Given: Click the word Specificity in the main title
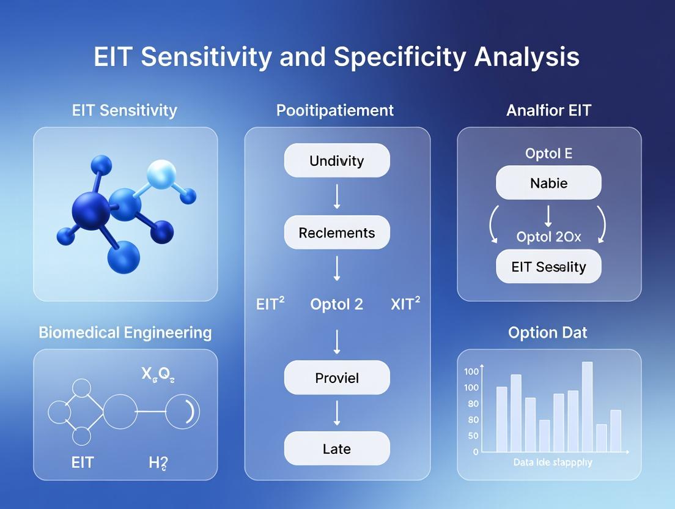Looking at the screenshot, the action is pyautogui.click(x=400, y=58).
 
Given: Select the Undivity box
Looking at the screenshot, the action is pyautogui.click(x=337, y=160).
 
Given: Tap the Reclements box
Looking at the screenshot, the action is pyautogui.click(x=337, y=232).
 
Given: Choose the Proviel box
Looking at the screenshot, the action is pyautogui.click(x=337, y=377).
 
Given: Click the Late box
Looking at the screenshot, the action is pyautogui.click(x=337, y=448).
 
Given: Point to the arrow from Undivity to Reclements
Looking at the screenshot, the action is pyautogui.click(x=337, y=196).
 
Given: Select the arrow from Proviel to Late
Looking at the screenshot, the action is pyautogui.click(x=337, y=413).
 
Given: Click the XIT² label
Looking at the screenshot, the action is pyautogui.click(x=405, y=303).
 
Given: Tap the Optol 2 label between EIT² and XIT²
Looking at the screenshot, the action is pyautogui.click(x=337, y=305).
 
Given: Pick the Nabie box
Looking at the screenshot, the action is pyautogui.click(x=548, y=182).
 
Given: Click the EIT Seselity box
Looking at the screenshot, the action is pyautogui.click(x=548, y=267).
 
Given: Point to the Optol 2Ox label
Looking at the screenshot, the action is pyautogui.click(x=548, y=237).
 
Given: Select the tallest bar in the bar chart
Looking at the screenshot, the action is pyautogui.click(x=587, y=406).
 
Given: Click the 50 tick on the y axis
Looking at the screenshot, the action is pyautogui.click(x=473, y=436).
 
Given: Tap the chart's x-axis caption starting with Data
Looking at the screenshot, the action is pyautogui.click(x=553, y=462).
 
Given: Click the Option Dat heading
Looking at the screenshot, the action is pyautogui.click(x=548, y=332).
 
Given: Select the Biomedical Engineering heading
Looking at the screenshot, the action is pyautogui.click(x=125, y=333).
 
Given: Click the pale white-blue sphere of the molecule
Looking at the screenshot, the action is pyautogui.click(x=161, y=174).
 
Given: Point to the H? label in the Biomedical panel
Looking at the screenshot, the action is pyautogui.click(x=158, y=463).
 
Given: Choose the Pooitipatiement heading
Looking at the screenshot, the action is pyautogui.click(x=335, y=111).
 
